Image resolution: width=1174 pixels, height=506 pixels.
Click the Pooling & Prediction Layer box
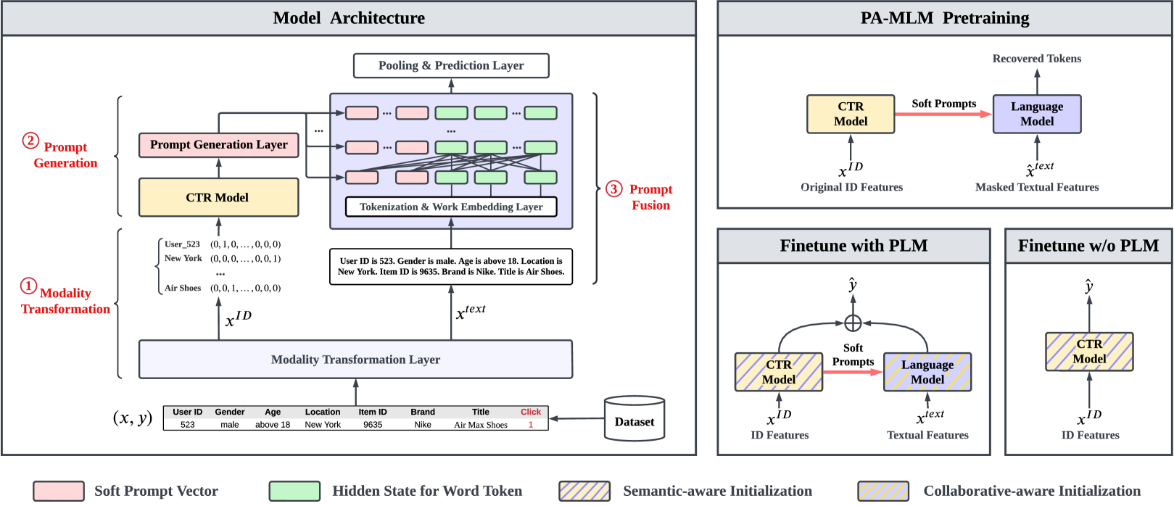450,65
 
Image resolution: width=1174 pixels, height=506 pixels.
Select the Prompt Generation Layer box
218,145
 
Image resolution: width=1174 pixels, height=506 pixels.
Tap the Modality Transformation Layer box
355,360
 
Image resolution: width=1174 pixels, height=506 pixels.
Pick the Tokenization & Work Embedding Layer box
450,207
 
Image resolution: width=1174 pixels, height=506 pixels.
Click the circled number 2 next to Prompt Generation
30,140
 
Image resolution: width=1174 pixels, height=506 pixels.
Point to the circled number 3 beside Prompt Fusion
613,189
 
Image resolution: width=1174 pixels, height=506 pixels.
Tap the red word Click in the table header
530,412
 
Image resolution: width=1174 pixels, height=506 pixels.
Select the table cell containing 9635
373,425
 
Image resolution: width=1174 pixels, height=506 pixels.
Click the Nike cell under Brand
423,425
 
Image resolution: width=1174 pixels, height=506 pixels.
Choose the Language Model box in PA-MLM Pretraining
1036,114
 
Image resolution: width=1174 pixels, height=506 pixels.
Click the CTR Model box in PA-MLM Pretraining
851,114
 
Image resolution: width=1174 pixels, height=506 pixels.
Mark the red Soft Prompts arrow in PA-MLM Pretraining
943,114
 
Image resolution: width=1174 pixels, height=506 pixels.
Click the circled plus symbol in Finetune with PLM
853,323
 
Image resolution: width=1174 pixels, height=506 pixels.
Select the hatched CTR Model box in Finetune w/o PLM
1088,352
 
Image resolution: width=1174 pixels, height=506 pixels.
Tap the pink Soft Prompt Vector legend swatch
59,491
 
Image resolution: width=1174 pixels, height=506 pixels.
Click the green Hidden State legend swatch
294,491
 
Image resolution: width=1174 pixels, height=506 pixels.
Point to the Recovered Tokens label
1036,59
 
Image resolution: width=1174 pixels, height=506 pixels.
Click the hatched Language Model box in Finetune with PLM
927,372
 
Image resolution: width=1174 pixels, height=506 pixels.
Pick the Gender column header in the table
230,412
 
